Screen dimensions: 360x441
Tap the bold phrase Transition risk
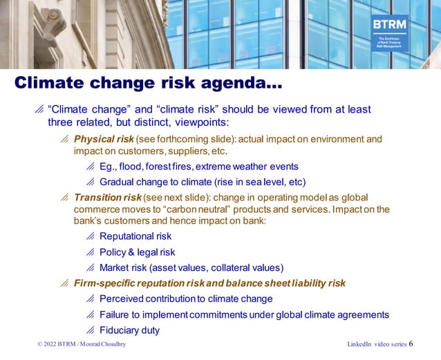(107, 197)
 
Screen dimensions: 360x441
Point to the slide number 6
(411, 343)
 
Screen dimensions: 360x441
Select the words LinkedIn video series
(376, 344)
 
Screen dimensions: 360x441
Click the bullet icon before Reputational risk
(90, 236)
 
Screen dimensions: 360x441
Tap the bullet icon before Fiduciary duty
(90, 330)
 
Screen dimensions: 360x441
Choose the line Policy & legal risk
(137, 252)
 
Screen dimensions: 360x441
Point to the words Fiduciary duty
(129, 330)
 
